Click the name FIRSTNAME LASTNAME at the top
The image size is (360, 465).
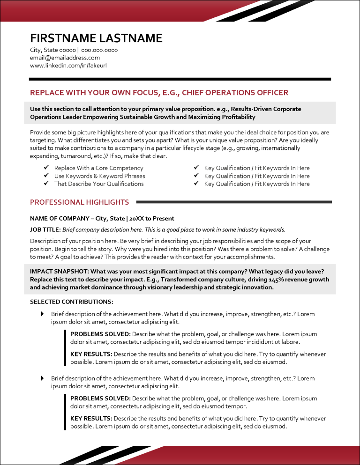pyautogui.click(x=96, y=38)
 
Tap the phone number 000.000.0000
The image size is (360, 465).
pyautogui.click(x=99, y=50)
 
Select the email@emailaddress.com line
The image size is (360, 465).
pyautogui.click(x=65, y=58)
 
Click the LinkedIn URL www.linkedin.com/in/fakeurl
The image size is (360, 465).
pyautogui.click(x=68, y=66)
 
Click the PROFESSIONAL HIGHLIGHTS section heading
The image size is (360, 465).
pyautogui.click(x=79, y=202)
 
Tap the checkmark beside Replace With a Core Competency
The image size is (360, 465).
pyautogui.click(x=46, y=168)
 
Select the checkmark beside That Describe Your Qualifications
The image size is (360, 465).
pyautogui.click(x=46, y=184)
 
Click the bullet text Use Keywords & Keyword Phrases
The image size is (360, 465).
pyautogui.click(x=99, y=176)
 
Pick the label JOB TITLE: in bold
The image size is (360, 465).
pyautogui.click(x=45, y=229)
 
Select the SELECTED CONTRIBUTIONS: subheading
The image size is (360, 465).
pyautogui.click(x=71, y=302)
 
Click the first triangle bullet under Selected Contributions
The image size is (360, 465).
pyautogui.click(x=43, y=313)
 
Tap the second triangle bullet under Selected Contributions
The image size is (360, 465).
pyautogui.click(x=43, y=378)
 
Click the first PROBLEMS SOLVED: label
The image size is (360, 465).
pyautogui.click(x=100, y=334)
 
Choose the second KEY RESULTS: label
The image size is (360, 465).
pyautogui.click(x=91, y=419)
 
